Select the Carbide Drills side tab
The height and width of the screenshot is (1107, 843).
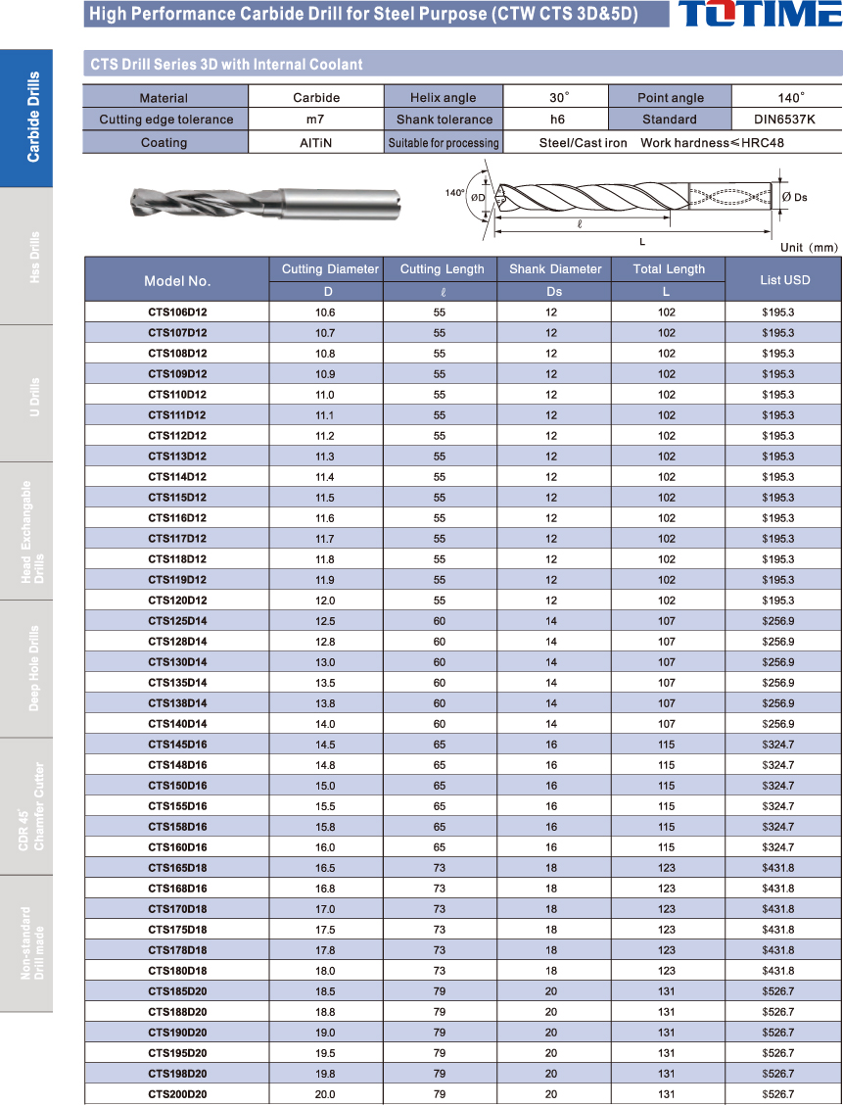[x=33, y=117]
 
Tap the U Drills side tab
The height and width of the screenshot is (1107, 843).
[x=33, y=393]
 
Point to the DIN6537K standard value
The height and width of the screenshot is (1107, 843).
[x=786, y=120]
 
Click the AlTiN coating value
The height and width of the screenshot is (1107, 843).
[x=316, y=143]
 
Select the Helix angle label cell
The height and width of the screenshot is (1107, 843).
[x=444, y=98]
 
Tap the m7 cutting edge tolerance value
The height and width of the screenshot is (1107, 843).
[x=316, y=120]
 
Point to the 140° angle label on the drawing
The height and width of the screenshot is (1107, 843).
[x=454, y=193]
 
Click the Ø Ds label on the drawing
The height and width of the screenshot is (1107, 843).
[x=794, y=198]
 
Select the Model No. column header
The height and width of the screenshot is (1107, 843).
[x=177, y=280]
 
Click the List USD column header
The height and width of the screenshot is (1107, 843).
[x=784, y=280]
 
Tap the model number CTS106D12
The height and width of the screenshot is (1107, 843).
[x=177, y=313]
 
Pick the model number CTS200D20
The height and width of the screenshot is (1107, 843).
[x=177, y=1094]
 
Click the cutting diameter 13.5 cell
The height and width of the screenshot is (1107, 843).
[x=325, y=683]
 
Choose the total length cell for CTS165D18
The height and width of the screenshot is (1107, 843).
[x=667, y=868]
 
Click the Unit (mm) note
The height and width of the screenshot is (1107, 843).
[x=809, y=248]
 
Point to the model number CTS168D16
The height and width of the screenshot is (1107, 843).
[x=177, y=889]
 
